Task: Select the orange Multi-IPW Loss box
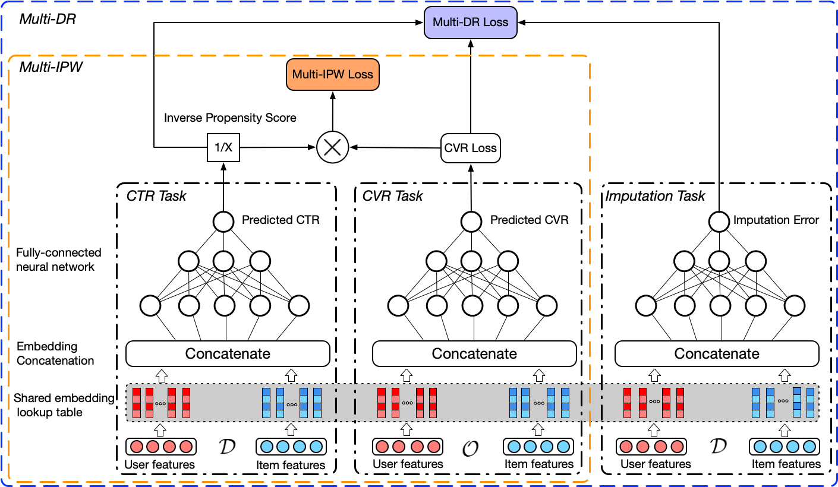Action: [332, 74]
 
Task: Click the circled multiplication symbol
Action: [332, 147]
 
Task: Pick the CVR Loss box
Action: [471, 148]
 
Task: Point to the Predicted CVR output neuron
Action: [471, 222]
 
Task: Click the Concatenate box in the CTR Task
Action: [228, 354]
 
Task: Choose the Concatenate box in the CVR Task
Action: [474, 354]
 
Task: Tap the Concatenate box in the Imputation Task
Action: [717, 354]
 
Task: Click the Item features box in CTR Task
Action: [291, 447]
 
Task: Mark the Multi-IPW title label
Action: [51, 67]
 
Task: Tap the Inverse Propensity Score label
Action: [230, 118]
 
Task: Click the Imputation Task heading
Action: [654, 196]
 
